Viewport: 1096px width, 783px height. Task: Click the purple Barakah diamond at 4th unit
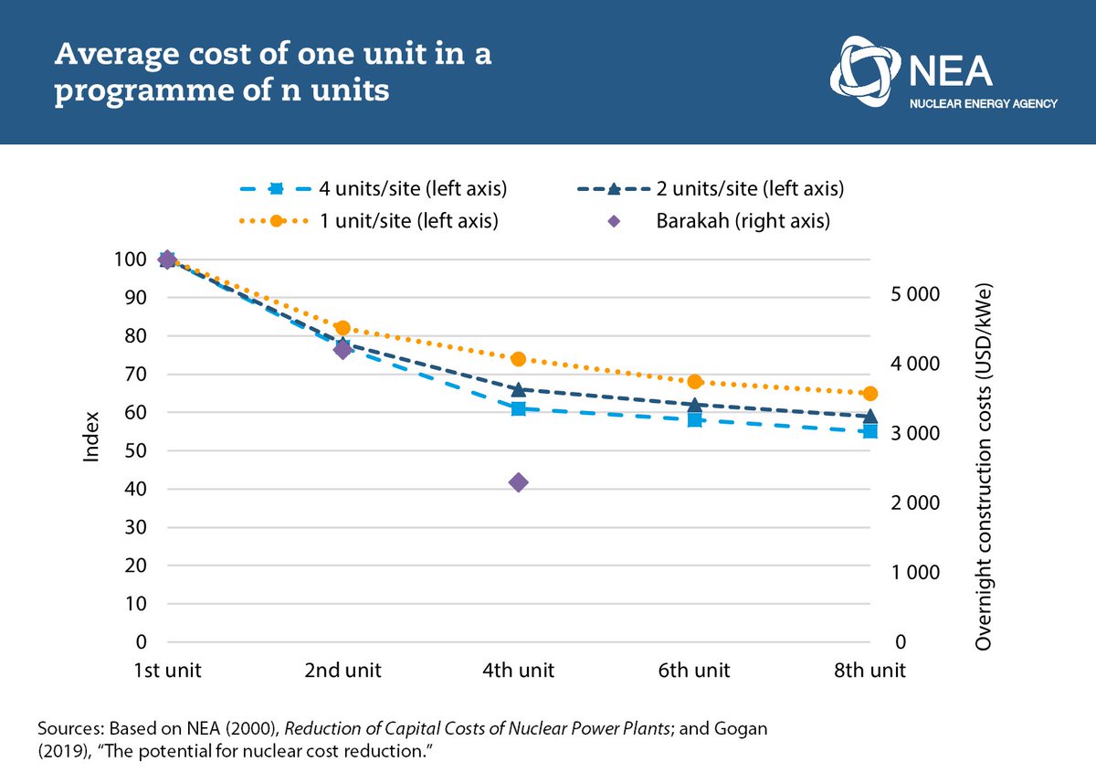point(518,482)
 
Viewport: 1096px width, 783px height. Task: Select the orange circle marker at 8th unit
point(869,394)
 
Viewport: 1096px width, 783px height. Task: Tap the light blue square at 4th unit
point(518,408)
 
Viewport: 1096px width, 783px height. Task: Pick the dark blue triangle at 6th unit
point(694,404)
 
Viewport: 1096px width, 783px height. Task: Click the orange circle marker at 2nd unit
point(342,328)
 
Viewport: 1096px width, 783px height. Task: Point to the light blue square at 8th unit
point(869,431)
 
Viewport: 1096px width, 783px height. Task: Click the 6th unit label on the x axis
point(694,671)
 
